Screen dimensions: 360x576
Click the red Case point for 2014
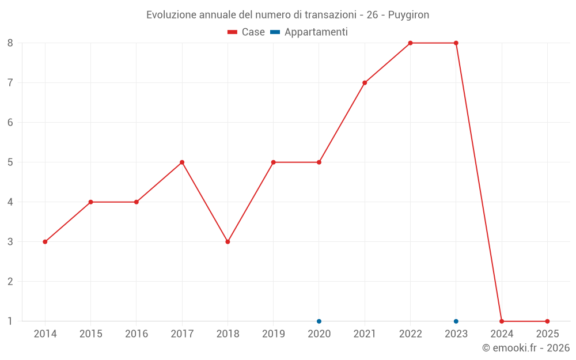45,242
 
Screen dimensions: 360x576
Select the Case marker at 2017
182,162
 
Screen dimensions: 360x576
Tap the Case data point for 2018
228,242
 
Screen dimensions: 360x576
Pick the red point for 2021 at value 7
365,83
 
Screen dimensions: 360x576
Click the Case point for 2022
410,43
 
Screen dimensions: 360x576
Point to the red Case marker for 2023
456,43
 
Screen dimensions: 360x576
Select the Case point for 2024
502,321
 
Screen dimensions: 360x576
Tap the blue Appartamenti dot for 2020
319,321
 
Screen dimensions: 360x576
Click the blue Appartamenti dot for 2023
456,321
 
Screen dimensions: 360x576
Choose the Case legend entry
247,32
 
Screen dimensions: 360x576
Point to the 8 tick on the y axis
10,43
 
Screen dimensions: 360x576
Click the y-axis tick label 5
10,162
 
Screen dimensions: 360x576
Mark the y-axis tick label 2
10,282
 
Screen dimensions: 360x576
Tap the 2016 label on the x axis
137,334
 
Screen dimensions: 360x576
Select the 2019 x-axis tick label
274,334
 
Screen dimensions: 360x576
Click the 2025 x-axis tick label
547,334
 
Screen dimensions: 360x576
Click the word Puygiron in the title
408,15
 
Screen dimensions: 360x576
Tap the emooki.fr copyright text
526,348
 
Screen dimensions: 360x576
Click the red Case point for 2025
547,321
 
